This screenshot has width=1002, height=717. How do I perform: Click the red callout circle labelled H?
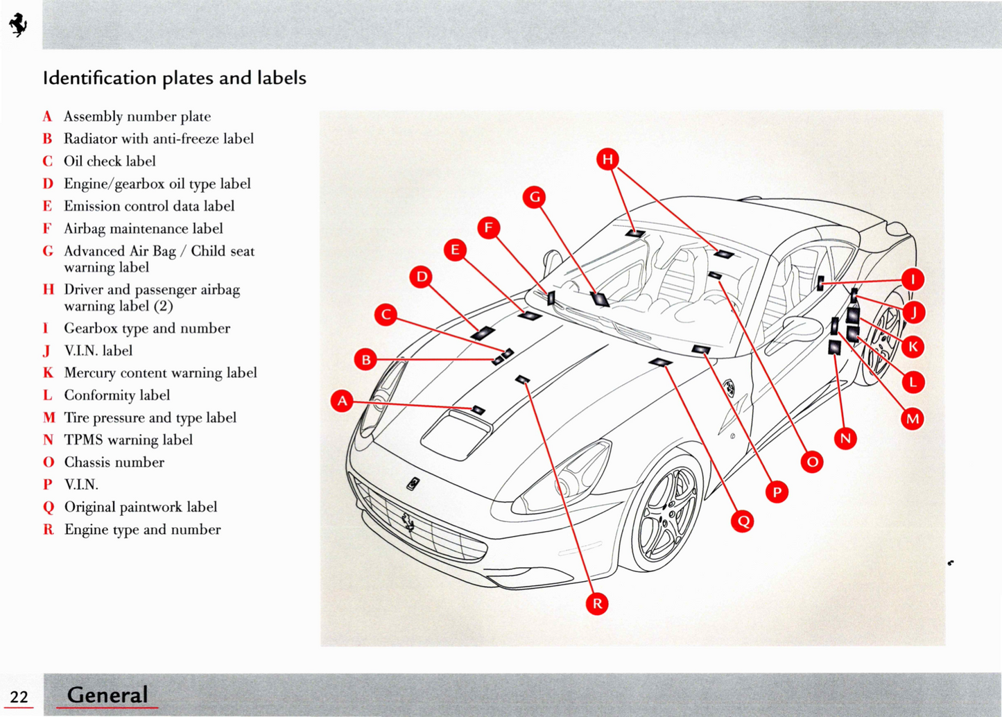tap(608, 159)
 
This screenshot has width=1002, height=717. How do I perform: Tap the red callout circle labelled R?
tap(597, 603)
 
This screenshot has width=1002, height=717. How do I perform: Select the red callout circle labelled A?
tap(342, 401)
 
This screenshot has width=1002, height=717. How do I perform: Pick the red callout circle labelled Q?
tap(743, 521)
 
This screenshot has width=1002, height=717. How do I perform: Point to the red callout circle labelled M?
tap(913, 419)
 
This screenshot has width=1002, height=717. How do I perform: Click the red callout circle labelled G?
tap(535, 198)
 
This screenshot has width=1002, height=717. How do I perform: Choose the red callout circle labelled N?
tap(845, 438)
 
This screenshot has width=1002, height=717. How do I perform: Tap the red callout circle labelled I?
tap(913, 279)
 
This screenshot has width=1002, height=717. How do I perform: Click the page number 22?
tap(19, 697)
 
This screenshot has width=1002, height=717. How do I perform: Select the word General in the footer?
tap(107, 694)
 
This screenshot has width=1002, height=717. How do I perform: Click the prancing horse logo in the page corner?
tap(18, 25)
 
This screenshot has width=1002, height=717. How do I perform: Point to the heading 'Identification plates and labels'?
tap(175, 78)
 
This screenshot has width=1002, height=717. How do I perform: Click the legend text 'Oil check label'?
tap(110, 162)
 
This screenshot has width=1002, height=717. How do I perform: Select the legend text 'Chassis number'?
tap(114, 463)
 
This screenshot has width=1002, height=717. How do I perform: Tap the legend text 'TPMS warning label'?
tap(128, 440)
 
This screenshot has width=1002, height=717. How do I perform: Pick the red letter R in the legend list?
tap(48, 530)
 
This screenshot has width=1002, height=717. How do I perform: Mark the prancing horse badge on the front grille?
tap(408, 521)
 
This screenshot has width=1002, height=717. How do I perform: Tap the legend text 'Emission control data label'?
tap(149, 206)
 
